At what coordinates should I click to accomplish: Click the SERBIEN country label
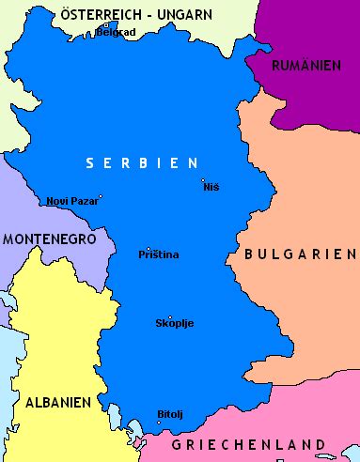pyautogui.click(x=143, y=163)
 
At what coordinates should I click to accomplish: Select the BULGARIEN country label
pyautogui.click(x=300, y=254)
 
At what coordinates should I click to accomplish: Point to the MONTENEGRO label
pyautogui.click(x=49, y=239)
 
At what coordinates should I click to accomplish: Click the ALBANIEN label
pyautogui.click(x=57, y=402)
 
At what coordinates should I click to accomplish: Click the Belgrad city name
pyautogui.click(x=116, y=32)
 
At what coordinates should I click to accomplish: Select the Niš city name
pyautogui.click(x=211, y=188)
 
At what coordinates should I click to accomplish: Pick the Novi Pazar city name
pyautogui.click(x=71, y=201)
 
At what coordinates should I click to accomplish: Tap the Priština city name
pyautogui.click(x=158, y=255)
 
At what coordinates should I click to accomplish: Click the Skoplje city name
pyautogui.click(x=174, y=324)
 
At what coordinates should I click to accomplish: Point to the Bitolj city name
pyautogui.click(x=170, y=414)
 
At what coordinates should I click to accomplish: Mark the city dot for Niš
pyautogui.click(x=202, y=180)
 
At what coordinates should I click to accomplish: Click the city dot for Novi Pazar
pyautogui.click(x=101, y=197)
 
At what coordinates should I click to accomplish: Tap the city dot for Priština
pyautogui.click(x=149, y=249)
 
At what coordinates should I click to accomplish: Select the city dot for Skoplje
pyautogui.click(x=170, y=317)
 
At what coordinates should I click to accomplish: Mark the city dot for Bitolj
pyautogui.click(x=159, y=422)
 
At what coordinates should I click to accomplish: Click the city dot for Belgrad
pyautogui.click(x=105, y=25)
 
